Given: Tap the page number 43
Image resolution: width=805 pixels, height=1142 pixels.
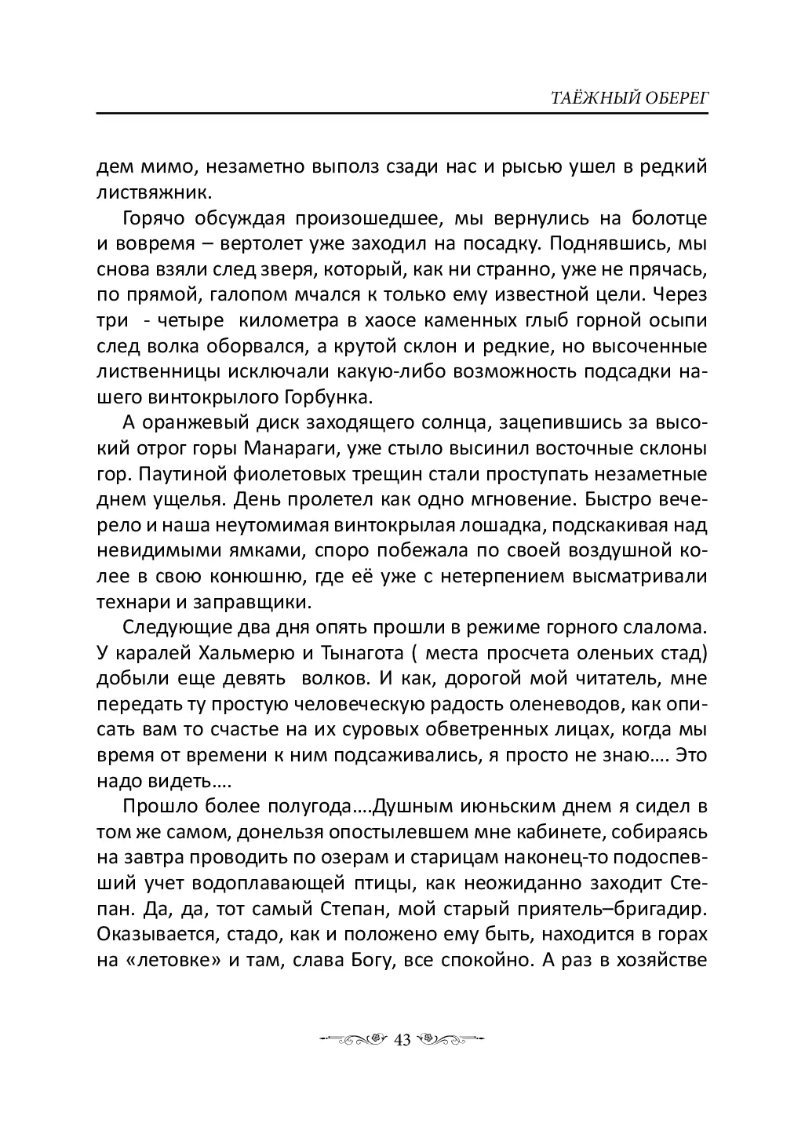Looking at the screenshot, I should (402, 1040).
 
